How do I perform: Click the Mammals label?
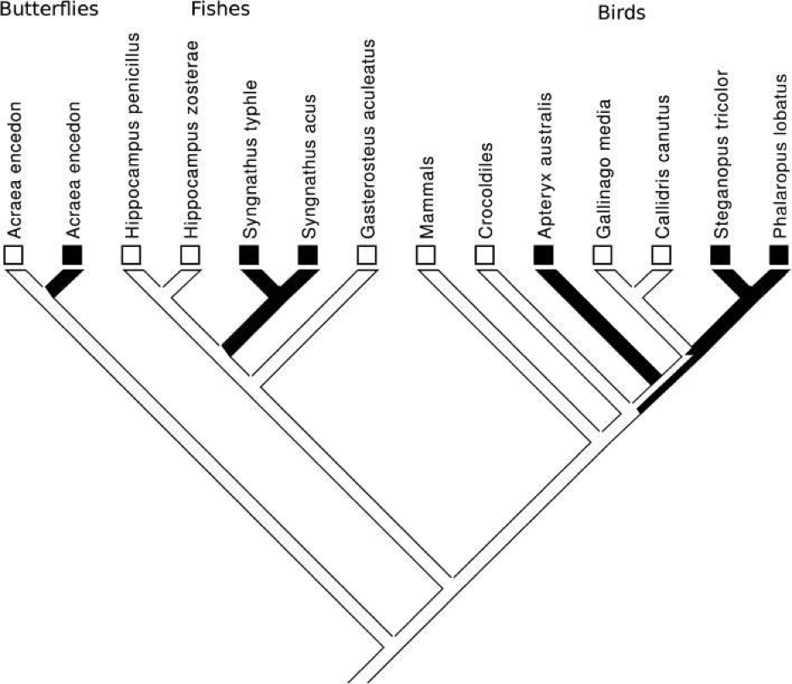pyautogui.click(x=427, y=195)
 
